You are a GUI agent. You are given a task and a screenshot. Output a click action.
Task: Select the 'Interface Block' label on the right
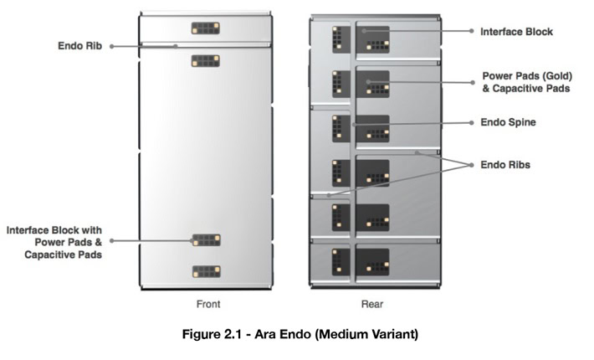pyautogui.click(x=516, y=31)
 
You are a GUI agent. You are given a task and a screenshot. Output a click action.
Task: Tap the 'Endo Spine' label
pyautogui.click(x=508, y=121)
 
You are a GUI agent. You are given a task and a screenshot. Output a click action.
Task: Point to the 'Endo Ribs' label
pyautogui.click(x=505, y=165)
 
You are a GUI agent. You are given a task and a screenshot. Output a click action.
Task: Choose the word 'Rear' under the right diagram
pyautogui.click(x=372, y=304)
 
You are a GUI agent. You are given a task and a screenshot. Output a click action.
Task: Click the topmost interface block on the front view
pyautogui.click(x=205, y=28)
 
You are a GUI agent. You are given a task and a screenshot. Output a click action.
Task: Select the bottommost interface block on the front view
pyautogui.click(x=205, y=272)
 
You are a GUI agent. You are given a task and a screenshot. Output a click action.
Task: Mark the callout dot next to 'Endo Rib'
pyautogui.click(x=111, y=46)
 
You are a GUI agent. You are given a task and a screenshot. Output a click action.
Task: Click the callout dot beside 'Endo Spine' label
pyautogui.click(x=471, y=121)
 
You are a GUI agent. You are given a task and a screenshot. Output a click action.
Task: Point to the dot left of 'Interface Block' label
pyautogui.click(x=471, y=31)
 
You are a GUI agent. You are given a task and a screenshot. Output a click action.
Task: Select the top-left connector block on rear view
pyautogui.click(x=338, y=38)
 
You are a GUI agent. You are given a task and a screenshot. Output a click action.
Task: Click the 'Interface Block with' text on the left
pyautogui.click(x=55, y=229)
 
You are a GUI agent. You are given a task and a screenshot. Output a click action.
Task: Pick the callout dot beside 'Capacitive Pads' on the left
pyautogui.click(x=111, y=241)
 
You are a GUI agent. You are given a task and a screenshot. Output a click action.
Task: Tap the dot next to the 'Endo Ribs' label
pyautogui.click(x=471, y=165)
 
